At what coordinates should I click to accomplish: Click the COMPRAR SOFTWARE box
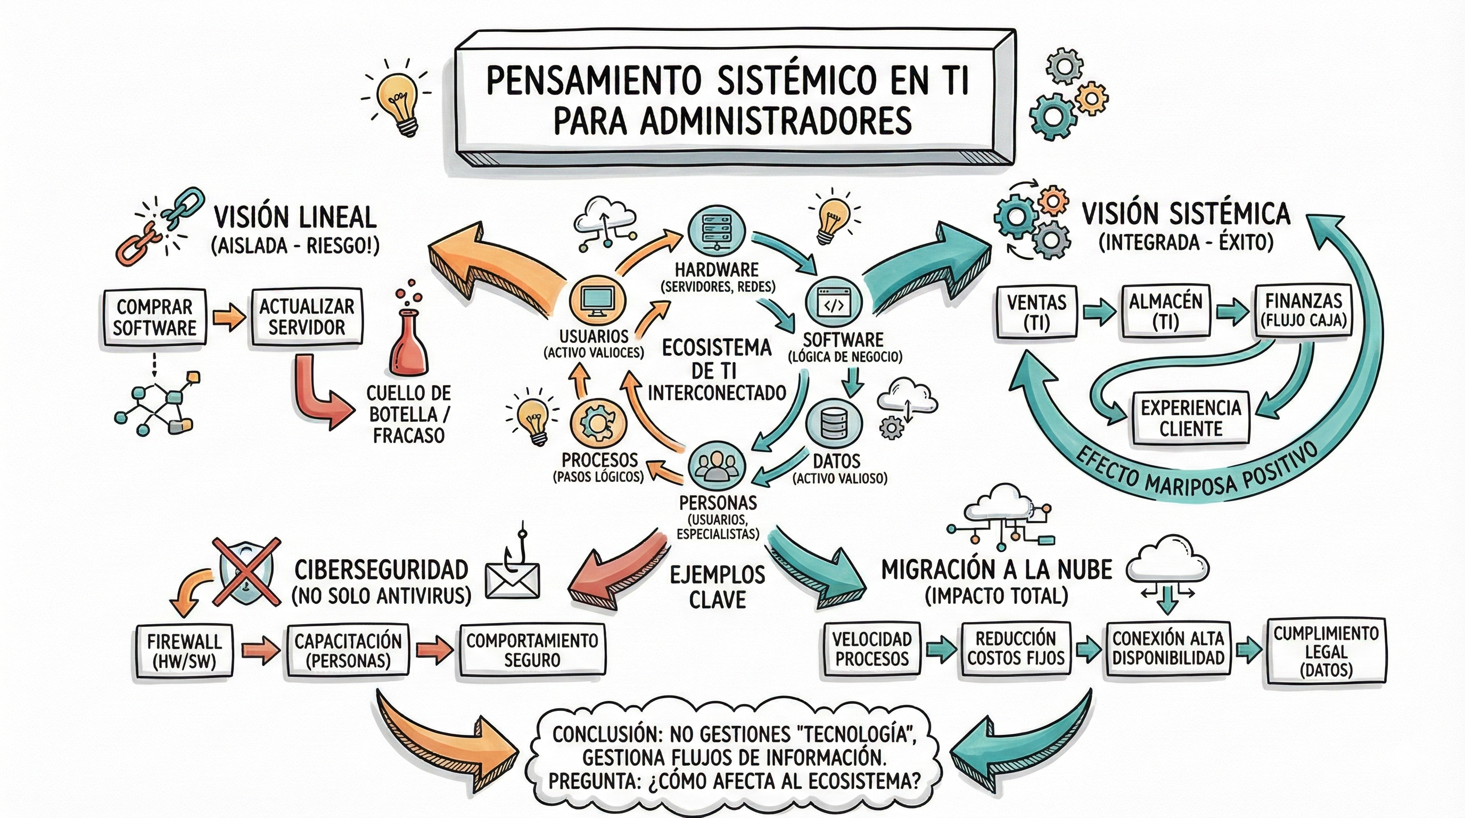coord(154,317)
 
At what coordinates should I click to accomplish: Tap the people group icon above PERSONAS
coord(716,465)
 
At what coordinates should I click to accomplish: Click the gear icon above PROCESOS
coord(597,424)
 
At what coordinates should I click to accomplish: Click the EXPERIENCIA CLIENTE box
coord(1190,418)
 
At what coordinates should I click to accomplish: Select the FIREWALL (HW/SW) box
coord(184,652)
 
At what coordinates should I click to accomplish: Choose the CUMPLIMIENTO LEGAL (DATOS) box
coord(1326,651)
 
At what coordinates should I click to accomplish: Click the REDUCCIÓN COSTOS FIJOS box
coord(1016,649)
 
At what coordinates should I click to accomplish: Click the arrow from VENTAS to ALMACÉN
coord(1099,312)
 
